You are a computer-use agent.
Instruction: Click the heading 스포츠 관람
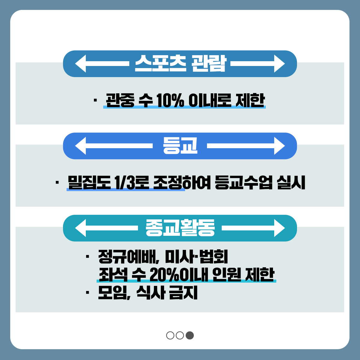click(180, 64)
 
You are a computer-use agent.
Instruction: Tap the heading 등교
click(180, 146)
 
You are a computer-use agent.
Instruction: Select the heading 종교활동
click(180, 228)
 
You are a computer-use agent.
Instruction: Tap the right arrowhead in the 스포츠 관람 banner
click(279, 64)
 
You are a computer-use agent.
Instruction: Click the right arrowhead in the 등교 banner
click(279, 146)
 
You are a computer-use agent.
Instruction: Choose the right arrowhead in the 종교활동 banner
click(279, 228)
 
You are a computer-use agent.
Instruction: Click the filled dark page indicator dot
click(190, 335)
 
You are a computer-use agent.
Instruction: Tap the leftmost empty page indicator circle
click(170, 335)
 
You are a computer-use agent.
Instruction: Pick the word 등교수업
click(244, 182)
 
